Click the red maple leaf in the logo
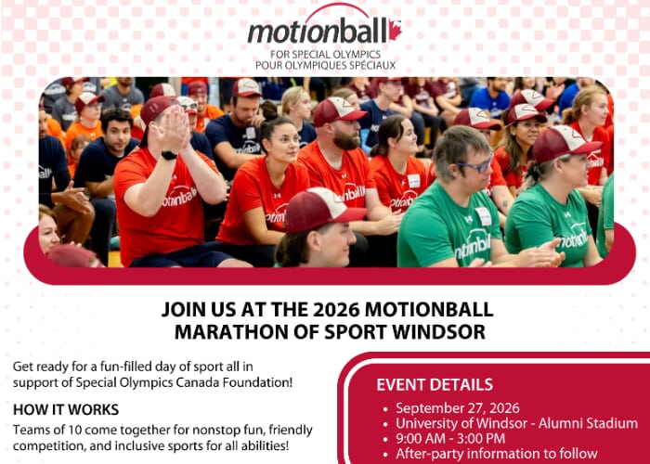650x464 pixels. [x=395, y=31]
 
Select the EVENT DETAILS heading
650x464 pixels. [x=435, y=385]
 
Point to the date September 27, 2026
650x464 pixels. [x=457, y=408]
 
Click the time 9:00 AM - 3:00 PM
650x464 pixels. [x=450, y=438]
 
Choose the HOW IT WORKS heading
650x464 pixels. [x=66, y=410]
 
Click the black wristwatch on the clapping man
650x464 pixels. [x=169, y=155]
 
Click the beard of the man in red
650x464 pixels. [x=346, y=139]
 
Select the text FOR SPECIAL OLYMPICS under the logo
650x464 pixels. [x=325, y=54]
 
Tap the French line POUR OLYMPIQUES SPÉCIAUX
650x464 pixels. [x=325, y=66]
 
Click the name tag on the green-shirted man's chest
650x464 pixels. [x=484, y=216]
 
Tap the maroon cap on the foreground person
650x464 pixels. [x=322, y=209]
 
